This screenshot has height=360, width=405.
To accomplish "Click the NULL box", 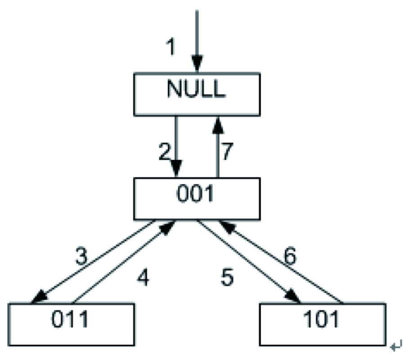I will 196,93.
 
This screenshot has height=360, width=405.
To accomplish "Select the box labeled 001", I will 196,198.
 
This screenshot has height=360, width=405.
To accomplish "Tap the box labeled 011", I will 72,324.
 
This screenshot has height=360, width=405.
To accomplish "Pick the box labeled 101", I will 322,324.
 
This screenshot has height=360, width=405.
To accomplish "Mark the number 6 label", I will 290,257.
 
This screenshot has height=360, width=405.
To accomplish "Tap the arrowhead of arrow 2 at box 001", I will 176,171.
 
